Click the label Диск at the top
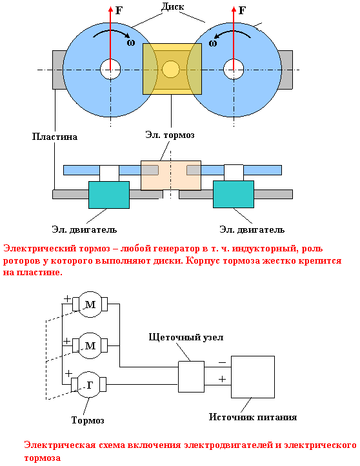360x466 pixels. point(172,6)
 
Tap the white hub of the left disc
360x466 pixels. point(110,69)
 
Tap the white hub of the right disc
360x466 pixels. point(234,69)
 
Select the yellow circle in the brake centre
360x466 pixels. point(171,69)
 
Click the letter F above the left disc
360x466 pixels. point(119,11)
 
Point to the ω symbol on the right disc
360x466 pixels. point(212,43)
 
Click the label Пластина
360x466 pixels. point(55,137)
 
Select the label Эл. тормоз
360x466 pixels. point(170,135)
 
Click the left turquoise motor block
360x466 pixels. point(109,195)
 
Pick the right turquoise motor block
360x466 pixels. point(234,194)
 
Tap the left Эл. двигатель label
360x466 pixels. point(85,229)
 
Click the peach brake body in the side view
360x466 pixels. point(171,175)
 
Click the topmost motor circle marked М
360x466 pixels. point(90,304)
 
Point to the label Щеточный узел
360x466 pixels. point(186,338)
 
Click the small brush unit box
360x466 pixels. point(192,376)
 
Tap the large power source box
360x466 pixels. point(253,377)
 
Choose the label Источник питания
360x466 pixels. point(253,417)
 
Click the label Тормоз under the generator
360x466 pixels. point(88,420)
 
